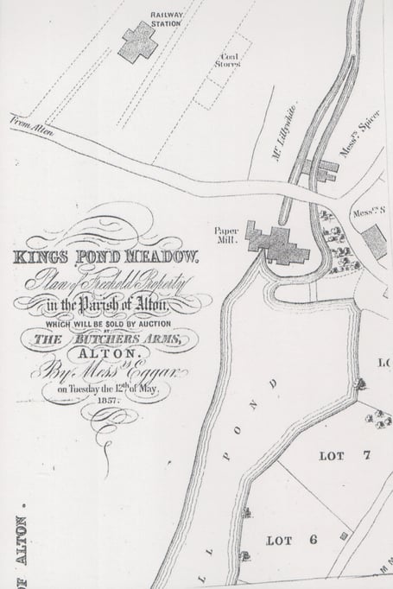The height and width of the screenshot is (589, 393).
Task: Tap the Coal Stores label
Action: [x=227, y=60]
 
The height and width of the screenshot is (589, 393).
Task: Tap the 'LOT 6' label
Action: [x=282, y=540]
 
